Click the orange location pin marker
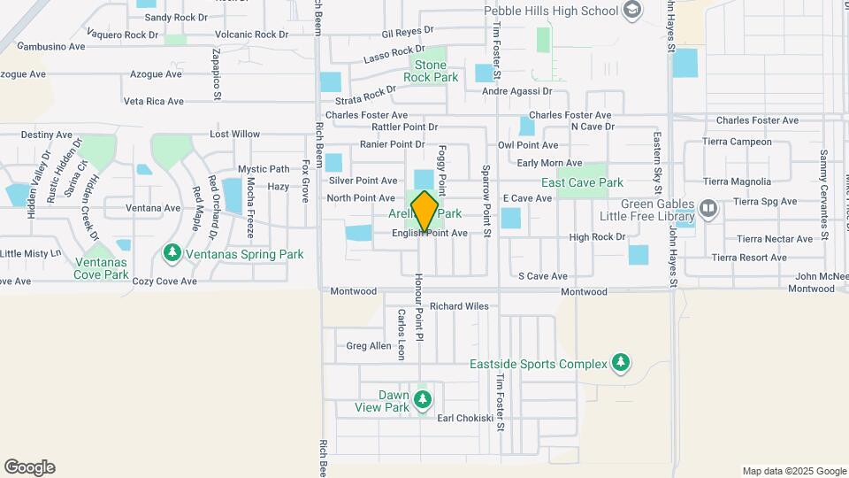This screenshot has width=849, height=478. (x=425, y=212)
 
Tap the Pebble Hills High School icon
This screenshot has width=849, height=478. (x=631, y=11)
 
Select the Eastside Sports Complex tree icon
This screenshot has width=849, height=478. (x=622, y=363)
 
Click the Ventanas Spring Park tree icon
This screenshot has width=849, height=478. (x=172, y=254)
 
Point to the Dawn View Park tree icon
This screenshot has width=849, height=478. (x=423, y=401)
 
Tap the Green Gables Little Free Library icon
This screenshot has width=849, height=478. (x=708, y=209)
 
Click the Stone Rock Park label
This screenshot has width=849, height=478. (x=431, y=71)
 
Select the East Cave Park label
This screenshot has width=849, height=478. (x=582, y=183)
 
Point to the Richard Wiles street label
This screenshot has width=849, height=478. (x=460, y=307)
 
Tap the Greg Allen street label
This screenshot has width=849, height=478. (x=368, y=346)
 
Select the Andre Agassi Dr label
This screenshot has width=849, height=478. (x=516, y=91)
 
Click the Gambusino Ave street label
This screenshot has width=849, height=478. (x=50, y=45)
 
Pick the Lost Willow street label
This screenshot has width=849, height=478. (x=234, y=135)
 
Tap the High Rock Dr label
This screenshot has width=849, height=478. (x=597, y=237)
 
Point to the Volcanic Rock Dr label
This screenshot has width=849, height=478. (x=252, y=35)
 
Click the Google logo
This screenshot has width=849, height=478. (x=29, y=467)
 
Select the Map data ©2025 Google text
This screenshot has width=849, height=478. (x=794, y=471)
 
